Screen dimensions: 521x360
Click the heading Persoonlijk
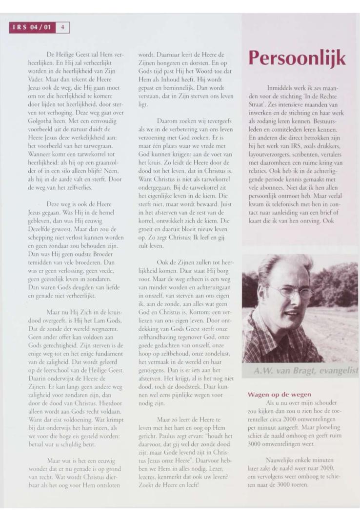coord(298,58)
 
